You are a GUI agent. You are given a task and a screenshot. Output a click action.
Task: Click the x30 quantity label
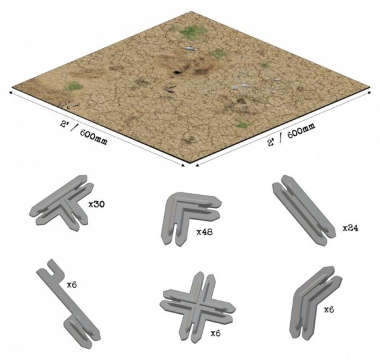point(96,204)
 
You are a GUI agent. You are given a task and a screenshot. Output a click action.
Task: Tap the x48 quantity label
point(205,232)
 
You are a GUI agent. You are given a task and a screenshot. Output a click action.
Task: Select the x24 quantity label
point(350,228)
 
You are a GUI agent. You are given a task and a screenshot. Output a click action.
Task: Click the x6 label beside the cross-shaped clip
point(215,333)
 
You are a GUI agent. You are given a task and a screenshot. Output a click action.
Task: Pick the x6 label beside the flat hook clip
point(72,285)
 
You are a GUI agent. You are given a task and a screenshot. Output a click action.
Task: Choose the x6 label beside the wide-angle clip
point(329,309)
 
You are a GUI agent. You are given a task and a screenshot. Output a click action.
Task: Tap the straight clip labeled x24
point(304,210)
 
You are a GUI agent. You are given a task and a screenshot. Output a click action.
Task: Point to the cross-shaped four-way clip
point(197,307)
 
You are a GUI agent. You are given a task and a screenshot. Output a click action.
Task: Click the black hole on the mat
point(177,72)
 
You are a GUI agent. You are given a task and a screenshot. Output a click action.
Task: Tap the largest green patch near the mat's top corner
point(193,32)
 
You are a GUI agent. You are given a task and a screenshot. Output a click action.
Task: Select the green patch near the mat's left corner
point(73,87)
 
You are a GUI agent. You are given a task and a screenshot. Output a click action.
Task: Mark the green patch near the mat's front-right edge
point(244,125)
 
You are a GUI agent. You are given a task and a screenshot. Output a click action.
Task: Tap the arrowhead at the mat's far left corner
point(10,93)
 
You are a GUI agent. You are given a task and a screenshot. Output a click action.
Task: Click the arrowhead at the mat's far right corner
point(369,92)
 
